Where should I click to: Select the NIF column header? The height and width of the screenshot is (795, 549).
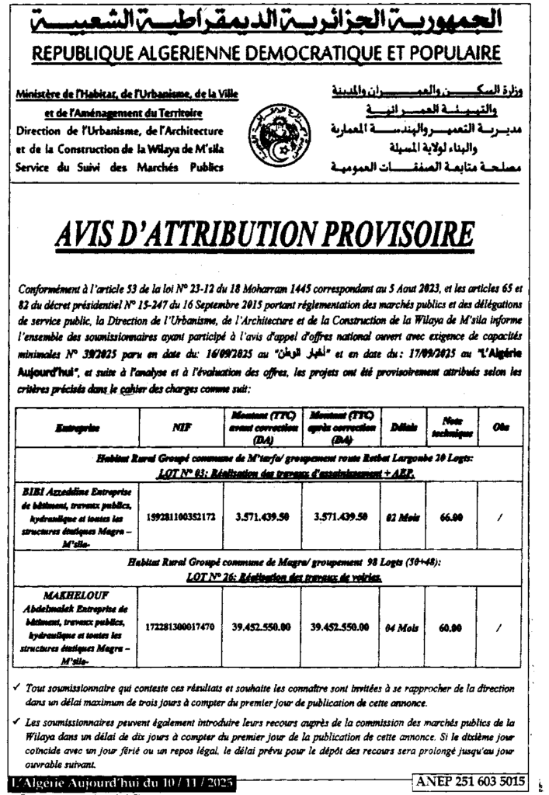[178, 428]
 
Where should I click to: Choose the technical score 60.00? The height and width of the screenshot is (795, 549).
[451, 623]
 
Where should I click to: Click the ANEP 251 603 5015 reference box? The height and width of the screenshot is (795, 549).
[470, 780]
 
